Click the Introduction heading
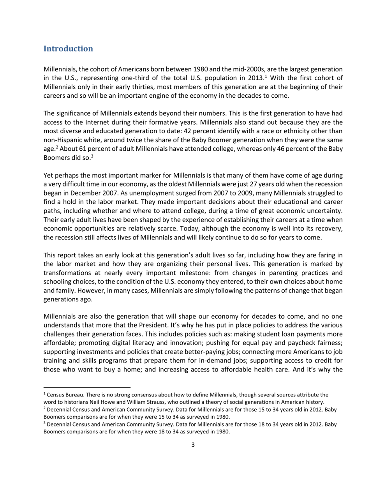(68, 49)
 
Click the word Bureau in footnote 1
(67, 395)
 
